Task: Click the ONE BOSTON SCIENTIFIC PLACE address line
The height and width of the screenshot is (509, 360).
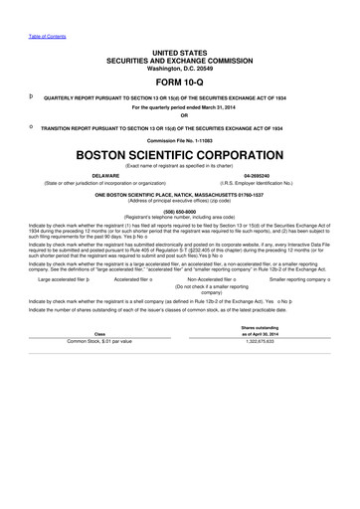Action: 179,193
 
